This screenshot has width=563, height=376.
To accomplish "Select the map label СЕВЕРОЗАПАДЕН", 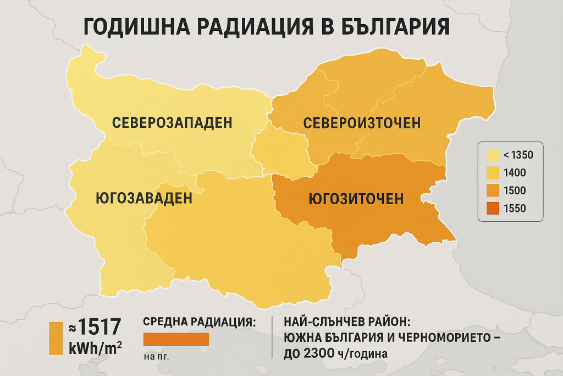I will [172, 123].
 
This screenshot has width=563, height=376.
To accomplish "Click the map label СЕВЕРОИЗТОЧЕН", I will [362, 123].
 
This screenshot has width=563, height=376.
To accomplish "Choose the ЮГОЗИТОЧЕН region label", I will [356, 198].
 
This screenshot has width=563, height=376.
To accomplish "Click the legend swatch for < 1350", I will [492, 155].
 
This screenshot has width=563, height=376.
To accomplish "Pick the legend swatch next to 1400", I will [492, 173].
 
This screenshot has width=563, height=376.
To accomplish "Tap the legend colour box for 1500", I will [492, 190].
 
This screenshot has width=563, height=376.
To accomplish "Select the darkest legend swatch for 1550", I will [492, 208].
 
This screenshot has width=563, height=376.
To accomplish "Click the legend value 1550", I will [515, 208].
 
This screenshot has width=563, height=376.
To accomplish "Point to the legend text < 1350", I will [515, 155].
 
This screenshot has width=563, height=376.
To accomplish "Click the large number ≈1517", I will [94, 328].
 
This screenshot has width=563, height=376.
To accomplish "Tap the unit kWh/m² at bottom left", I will [94, 349].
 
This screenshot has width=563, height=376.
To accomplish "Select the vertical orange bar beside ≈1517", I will [56, 338].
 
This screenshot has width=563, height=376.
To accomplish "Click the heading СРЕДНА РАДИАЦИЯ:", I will [199, 321].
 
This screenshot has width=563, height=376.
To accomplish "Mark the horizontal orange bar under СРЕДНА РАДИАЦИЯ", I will [176, 339].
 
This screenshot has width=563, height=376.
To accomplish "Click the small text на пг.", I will [156, 356].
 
